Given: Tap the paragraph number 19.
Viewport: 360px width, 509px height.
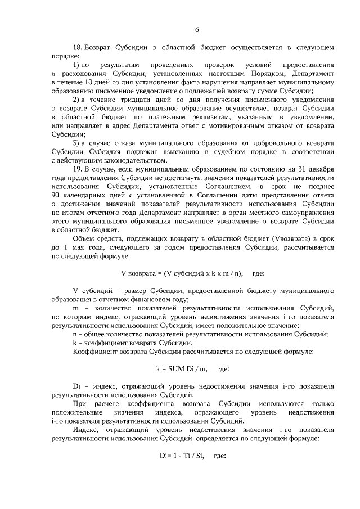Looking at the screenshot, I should [78, 169].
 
